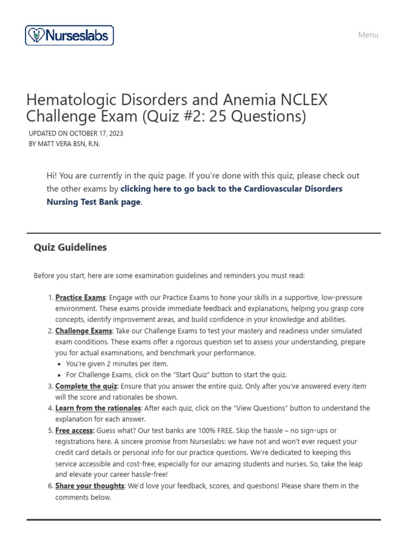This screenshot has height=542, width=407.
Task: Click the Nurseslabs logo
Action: tap(69, 35)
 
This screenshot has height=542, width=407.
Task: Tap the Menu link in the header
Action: tap(368, 35)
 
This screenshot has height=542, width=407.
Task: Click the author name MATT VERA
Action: tap(58, 144)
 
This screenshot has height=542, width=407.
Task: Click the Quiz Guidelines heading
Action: tap(70, 248)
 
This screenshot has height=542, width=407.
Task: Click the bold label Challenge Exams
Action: tap(84, 331)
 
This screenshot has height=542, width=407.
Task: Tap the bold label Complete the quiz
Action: tap(85, 386)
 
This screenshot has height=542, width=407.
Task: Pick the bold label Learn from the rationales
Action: tap(98, 408)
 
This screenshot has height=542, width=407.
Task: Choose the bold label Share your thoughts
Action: tap(90, 486)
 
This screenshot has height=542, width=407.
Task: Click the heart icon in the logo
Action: tap(36, 35)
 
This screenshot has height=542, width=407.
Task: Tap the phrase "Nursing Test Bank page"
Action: tap(94, 202)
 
